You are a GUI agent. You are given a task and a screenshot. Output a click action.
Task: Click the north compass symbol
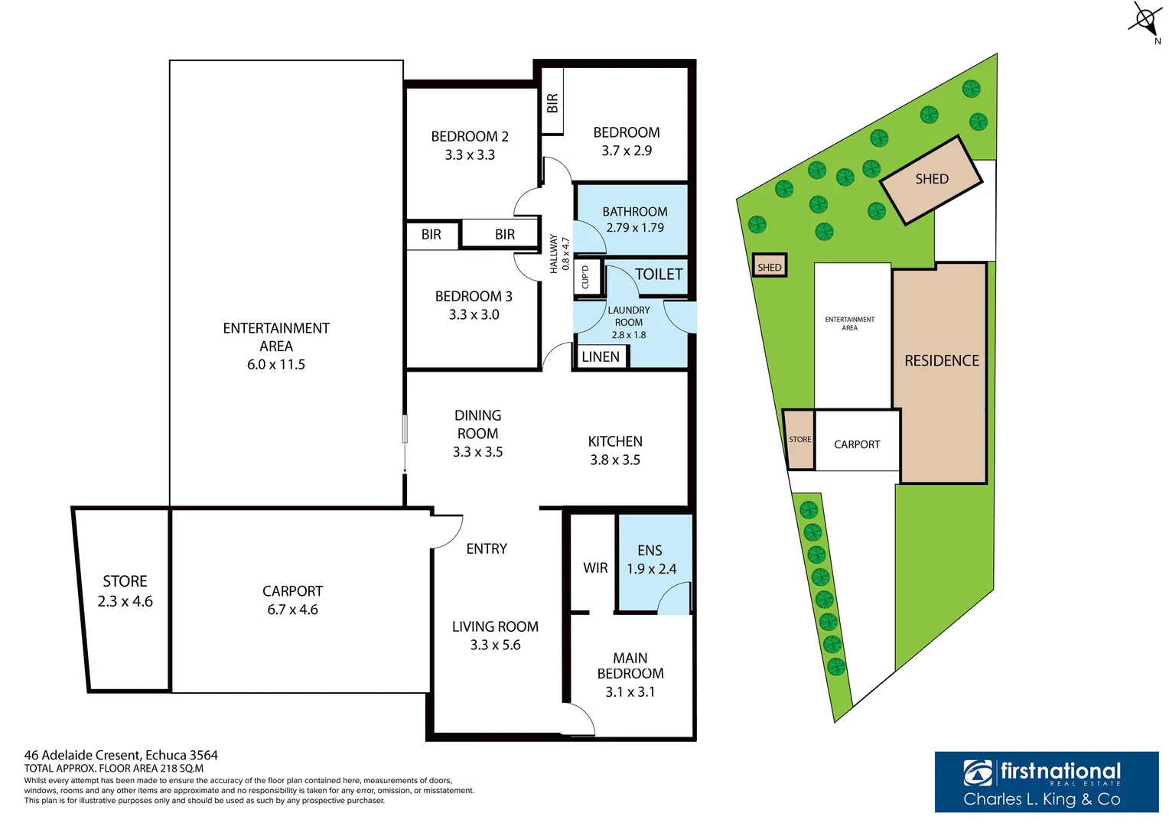[x=1145, y=19]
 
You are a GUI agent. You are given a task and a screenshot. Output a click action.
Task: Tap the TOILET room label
[x=658, y=274]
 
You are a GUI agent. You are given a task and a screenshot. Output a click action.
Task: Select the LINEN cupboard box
[x=601, y=356]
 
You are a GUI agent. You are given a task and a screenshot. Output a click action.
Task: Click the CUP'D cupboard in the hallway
[x=585, y=277]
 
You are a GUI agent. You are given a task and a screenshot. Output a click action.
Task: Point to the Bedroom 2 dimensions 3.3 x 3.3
[x=470, y=154]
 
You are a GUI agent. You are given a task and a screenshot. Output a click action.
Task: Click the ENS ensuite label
[x=650, y=551]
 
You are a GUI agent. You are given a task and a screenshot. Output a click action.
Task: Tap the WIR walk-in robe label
[x=595, y=567]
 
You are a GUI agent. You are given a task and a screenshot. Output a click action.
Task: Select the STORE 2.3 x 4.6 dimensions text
[x=125, y=601]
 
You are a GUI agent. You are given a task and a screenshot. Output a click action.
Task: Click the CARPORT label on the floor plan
[x=292, y=591]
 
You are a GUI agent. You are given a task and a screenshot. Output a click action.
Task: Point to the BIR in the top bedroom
[x=552, y=102]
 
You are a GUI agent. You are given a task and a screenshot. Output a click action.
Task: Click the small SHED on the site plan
[x=769, y=266]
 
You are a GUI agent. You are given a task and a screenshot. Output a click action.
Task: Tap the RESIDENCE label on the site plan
[x=941, y=360]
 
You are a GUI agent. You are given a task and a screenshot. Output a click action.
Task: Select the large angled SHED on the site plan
[x=931, y=179]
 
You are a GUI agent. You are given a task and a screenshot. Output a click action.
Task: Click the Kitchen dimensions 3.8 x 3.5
[x=614, y=460]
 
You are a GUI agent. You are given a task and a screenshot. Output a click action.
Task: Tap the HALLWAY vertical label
[x=554, y=253]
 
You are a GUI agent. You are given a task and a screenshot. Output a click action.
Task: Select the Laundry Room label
[x=628, y=316]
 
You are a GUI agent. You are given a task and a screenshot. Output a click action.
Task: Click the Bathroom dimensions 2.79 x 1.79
[x=634, y=227]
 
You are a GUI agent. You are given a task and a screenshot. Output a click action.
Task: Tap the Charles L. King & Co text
[x=1041, y=799]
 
